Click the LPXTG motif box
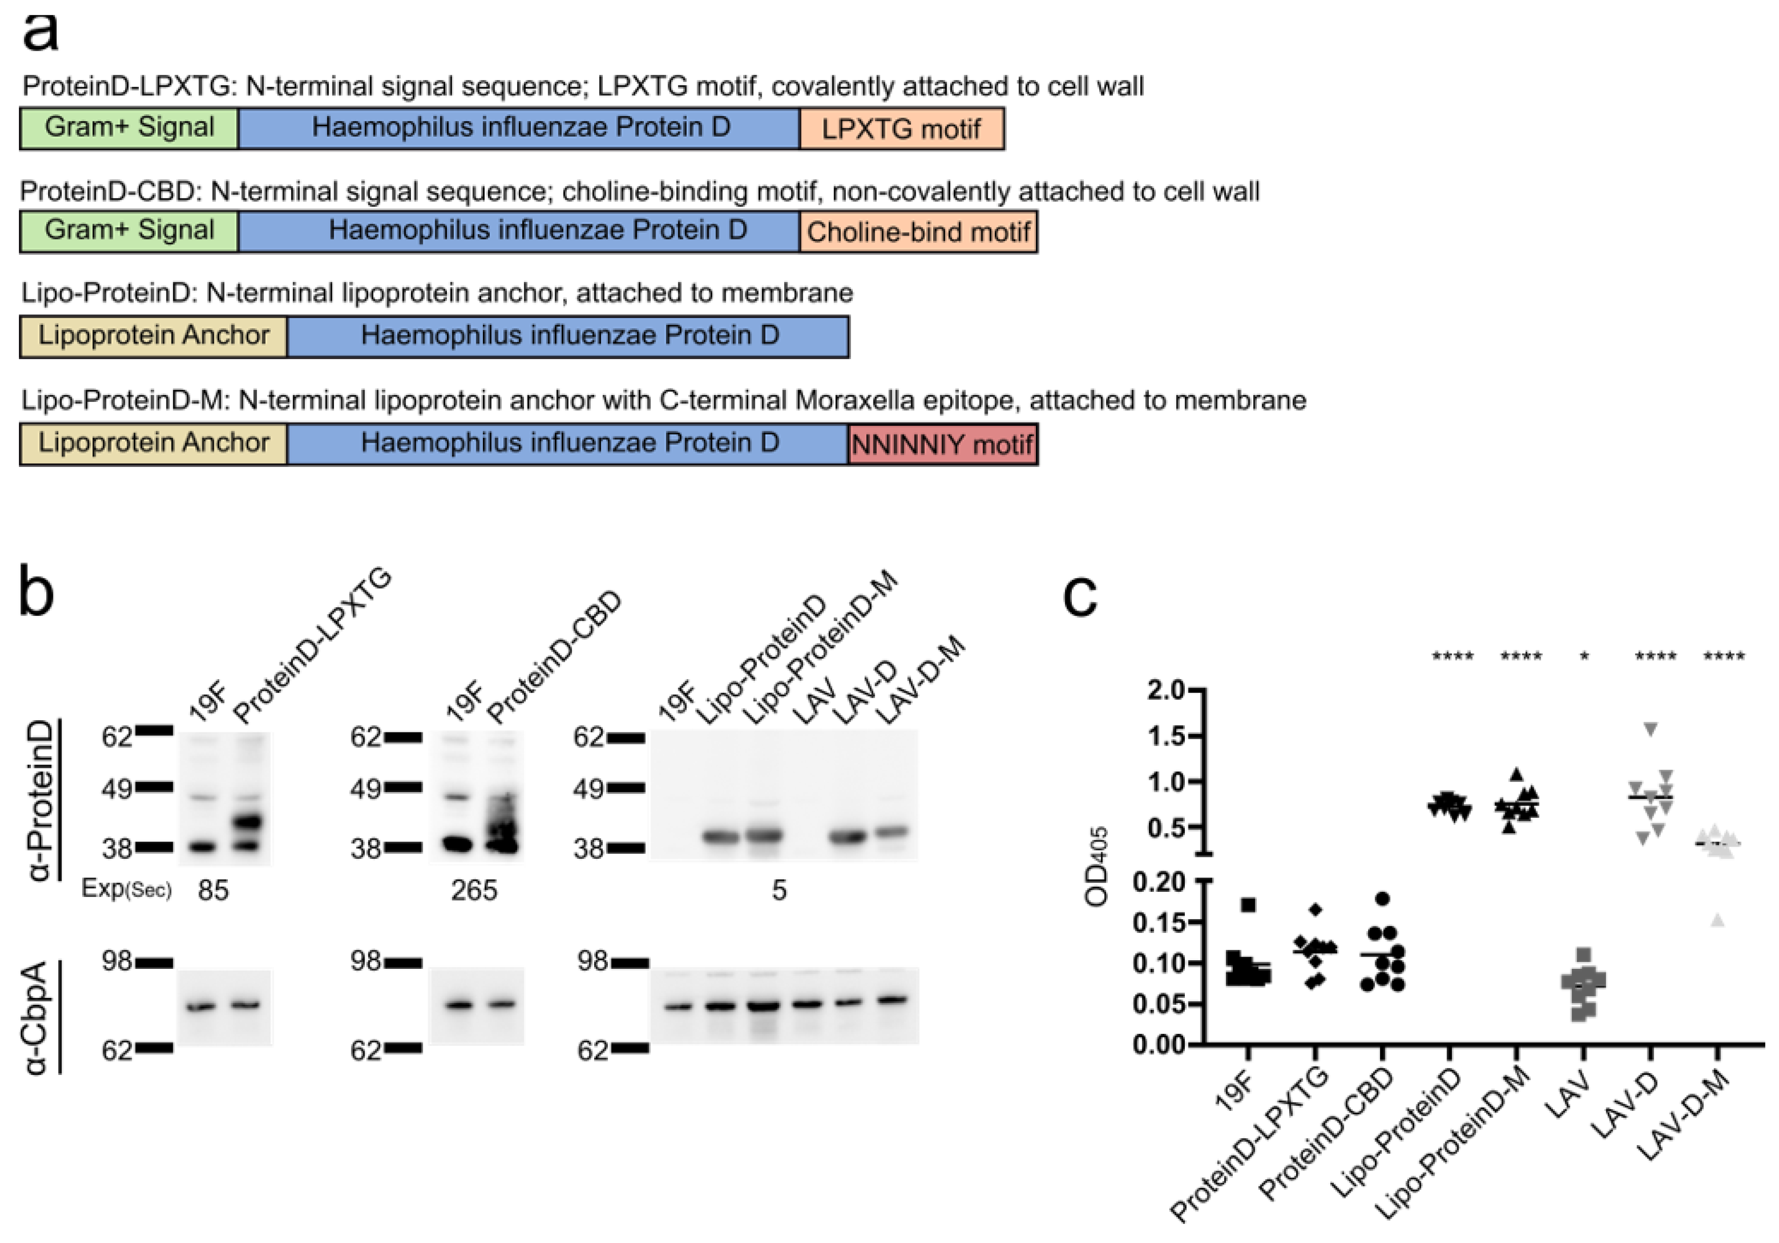(x=901, y=129)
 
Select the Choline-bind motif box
(x=918, y=232)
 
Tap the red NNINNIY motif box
(x=942, y=444)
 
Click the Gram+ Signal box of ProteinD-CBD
(x=129, y=231)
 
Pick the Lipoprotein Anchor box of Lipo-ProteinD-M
(x=153, y=443)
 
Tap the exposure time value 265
(x=473, y=890)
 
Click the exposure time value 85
(x=213, y=890)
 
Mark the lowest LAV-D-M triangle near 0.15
(x=1718, y=920)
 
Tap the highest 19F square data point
(x=1248, y=904)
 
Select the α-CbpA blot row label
(x=37, y=1017)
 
